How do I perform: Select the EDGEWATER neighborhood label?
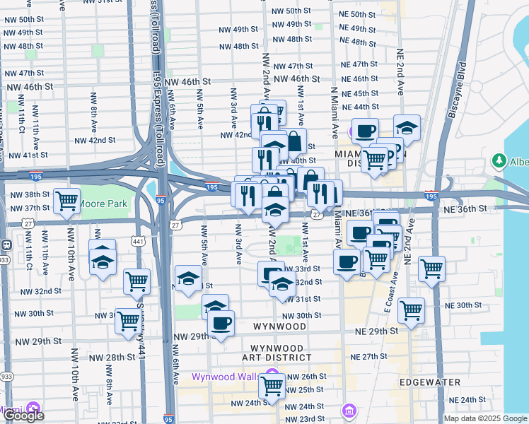coord(430,382)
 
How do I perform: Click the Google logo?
coord(23,416)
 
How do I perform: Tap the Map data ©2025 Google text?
coord(485,418)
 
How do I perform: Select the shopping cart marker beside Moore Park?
coord(66,201)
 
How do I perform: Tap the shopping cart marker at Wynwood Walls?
coord(272,385)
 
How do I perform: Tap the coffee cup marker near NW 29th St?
coord(222,324)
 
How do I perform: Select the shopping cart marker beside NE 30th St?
coord(410,310)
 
